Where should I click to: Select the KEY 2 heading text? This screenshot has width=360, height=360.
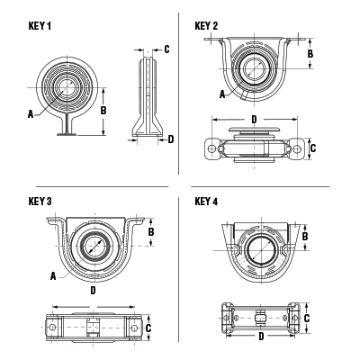click(207, 26)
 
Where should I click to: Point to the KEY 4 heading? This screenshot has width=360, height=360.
click(207, 202)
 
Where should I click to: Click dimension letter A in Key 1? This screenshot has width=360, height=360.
click(31, 113)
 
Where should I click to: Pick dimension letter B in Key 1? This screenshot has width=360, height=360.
click(104, 109)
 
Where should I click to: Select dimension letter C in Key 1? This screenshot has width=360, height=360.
click(167, 49)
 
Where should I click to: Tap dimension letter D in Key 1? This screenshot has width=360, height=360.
click(171, 139)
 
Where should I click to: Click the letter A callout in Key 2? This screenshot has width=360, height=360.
click(221, 93)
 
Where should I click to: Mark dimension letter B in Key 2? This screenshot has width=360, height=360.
click(310, 53)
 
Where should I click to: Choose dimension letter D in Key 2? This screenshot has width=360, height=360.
click(255, 118)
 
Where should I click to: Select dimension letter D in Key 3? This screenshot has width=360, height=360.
click(94, 291)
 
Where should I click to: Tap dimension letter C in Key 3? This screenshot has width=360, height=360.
click(148, 328)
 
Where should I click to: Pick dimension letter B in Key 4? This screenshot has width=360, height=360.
click(305, 236)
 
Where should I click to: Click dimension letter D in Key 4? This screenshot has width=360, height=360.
click(261, 337)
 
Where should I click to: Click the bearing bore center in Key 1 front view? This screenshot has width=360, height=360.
click(66, 87)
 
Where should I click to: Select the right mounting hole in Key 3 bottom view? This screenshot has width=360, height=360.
click(135, 328)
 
